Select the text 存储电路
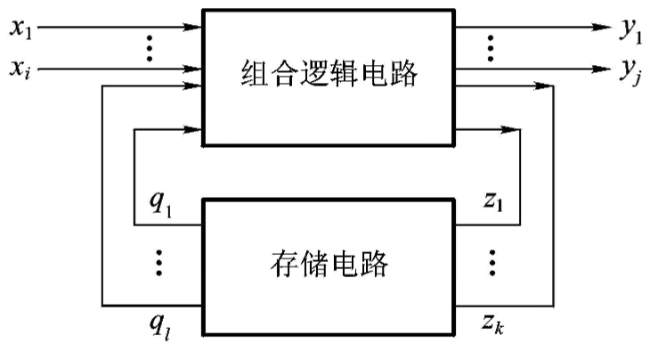(x=329, y=266)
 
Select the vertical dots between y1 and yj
(x=488, y=48)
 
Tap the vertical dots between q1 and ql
(x=159, y=263)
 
